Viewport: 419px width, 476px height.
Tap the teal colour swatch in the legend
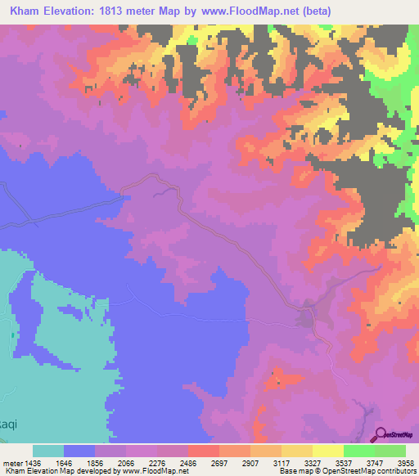47,451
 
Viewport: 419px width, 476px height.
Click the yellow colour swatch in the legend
327,451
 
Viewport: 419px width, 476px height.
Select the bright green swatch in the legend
390,451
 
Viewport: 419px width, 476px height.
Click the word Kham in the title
28,13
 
